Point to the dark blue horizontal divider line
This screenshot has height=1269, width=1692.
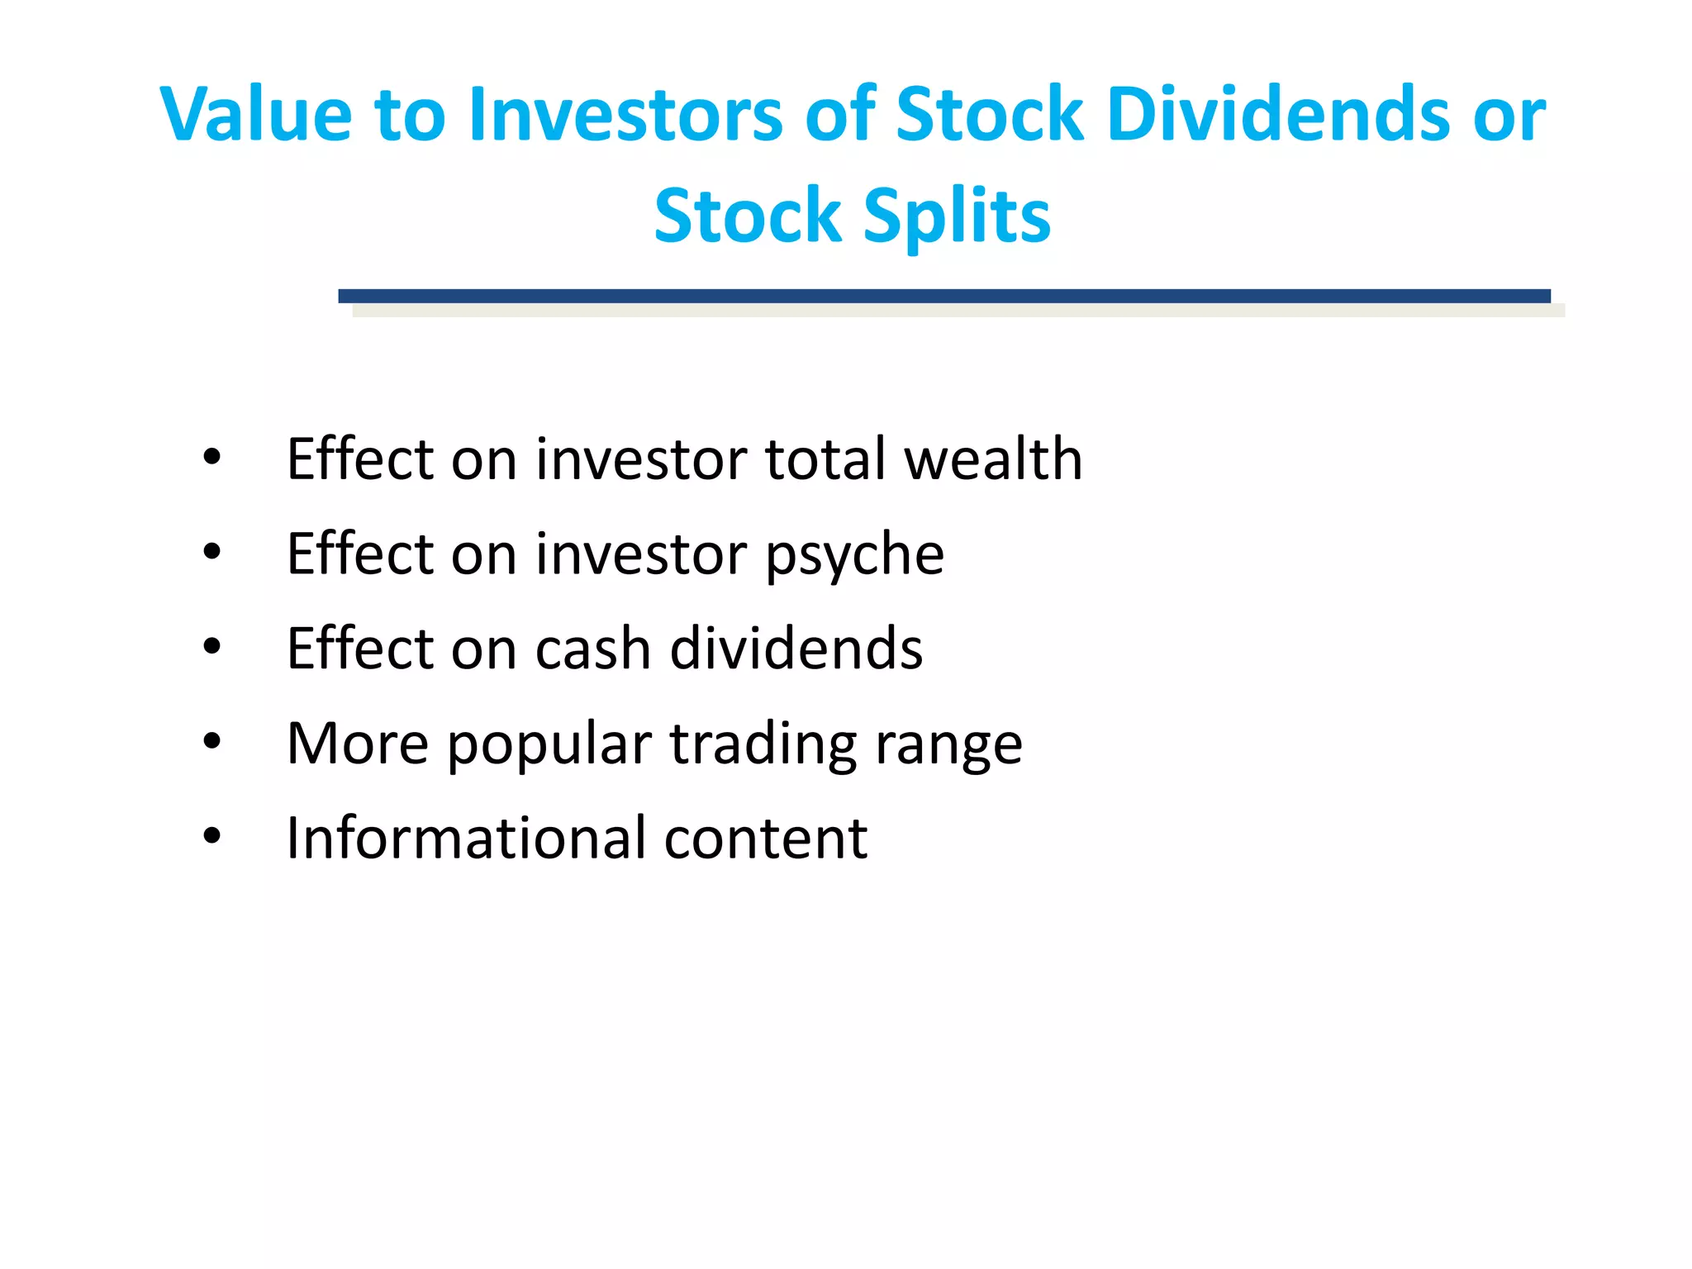click(x=943, y=296)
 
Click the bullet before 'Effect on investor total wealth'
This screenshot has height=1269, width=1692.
click(x=212, y=457)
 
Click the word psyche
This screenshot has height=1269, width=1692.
click(x=854, y=555)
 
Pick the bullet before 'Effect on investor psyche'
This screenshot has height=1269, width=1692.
click(x=212, y=552)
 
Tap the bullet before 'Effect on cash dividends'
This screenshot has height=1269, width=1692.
click(x=212, y=647)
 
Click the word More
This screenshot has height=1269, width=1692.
click(x=357, y=744)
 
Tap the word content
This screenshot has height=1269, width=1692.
click(x=766, y=839)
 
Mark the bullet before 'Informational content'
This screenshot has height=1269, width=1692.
click(x=212, y=836)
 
